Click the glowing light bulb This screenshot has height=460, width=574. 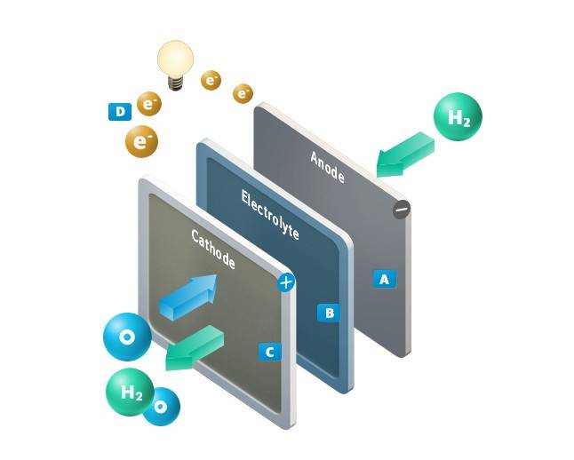click(174, 59)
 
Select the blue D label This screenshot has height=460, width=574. click(119, 111)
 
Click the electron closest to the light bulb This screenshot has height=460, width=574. click(211, 81)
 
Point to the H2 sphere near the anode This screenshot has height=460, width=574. click(458, 119)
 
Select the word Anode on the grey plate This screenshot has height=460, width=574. click(327, 167)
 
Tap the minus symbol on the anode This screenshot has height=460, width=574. click(402, 210)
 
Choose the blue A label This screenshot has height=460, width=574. click(384, 278)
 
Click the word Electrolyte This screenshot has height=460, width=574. click(270, 213)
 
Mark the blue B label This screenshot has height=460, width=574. click(329, 313)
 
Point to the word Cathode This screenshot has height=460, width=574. click(213, 250)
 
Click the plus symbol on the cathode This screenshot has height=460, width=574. click(285, 283)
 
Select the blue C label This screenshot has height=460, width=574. click(269, 352)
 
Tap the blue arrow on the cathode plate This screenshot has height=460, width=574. click(187, 296)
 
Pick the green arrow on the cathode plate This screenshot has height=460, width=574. click(194, 346)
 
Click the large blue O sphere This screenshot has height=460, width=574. click(127, 337)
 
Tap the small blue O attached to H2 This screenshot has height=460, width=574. click(161, 408)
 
